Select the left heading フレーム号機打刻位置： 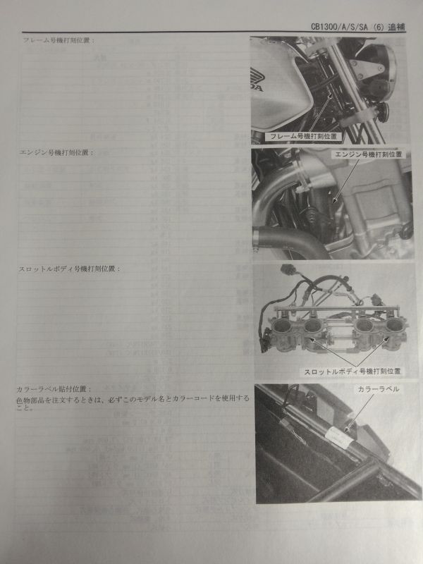point(60,40)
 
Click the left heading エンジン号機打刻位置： point(60,152)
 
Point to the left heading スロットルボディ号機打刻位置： point(70,269)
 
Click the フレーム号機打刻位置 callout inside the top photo point(301,135)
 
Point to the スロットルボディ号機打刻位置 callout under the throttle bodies point(352,370)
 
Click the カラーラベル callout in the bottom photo point(378,389)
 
